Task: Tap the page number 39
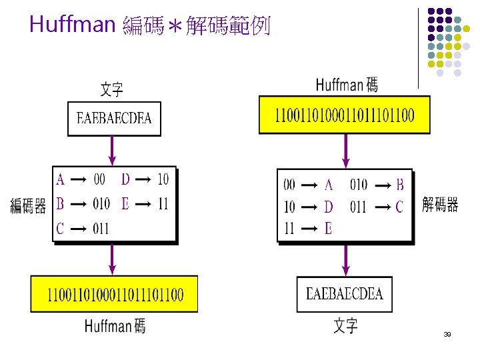pyautogui.click(x=447, y=334)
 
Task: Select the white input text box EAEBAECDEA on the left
pyautogui.click(x=114, y=119)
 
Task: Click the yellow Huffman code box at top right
pyautogui.click(x=344, y=115)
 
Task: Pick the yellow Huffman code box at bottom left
pyautogui.click(x=115, y=293)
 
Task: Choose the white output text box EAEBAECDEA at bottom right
pyautogui.click(x=344, y=294)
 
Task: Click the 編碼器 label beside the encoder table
pyautogui.click(x=28, y=206)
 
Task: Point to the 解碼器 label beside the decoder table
pyautogui.click(x=440, y=205)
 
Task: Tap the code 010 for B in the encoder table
pyautogui.click(x=101, y=204)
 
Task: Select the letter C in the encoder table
pyautogui.click(x=60, y=229)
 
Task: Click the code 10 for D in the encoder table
pyautogui.click(x=163, y=179)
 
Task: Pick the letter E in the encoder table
pyautogui.click(x=125, y=204)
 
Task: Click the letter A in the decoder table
pyautogui.click(x=329, y=184)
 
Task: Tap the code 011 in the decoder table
pyautogui.click(x=359, y=207)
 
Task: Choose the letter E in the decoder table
pyautogui.click(x=328, y=229)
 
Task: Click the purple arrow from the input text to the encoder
pyautogui.click(x=113, y=151)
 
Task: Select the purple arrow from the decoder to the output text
pyautogui.click(x=345, y=259)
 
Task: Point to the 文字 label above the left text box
pyautogui.click(x=111, y=89)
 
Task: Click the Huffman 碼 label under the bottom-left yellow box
pyautogui.click(x=115, y=326)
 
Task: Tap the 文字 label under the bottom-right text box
pyautogui.click(x=345, y=325)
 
